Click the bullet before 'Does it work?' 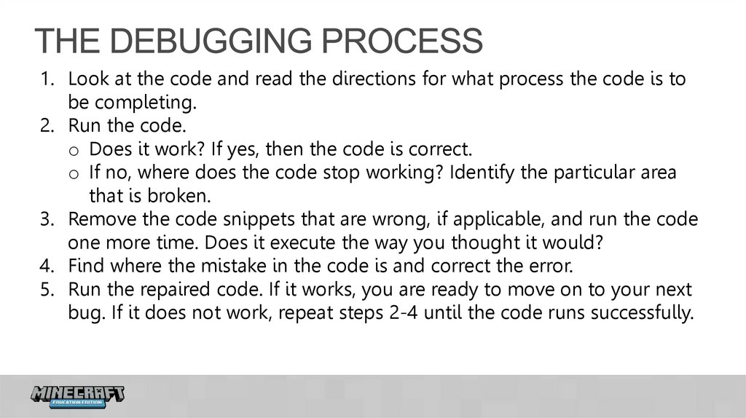[x=74, y=151]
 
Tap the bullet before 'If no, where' [x=74, y=174]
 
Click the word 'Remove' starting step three [x=98, y=219]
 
